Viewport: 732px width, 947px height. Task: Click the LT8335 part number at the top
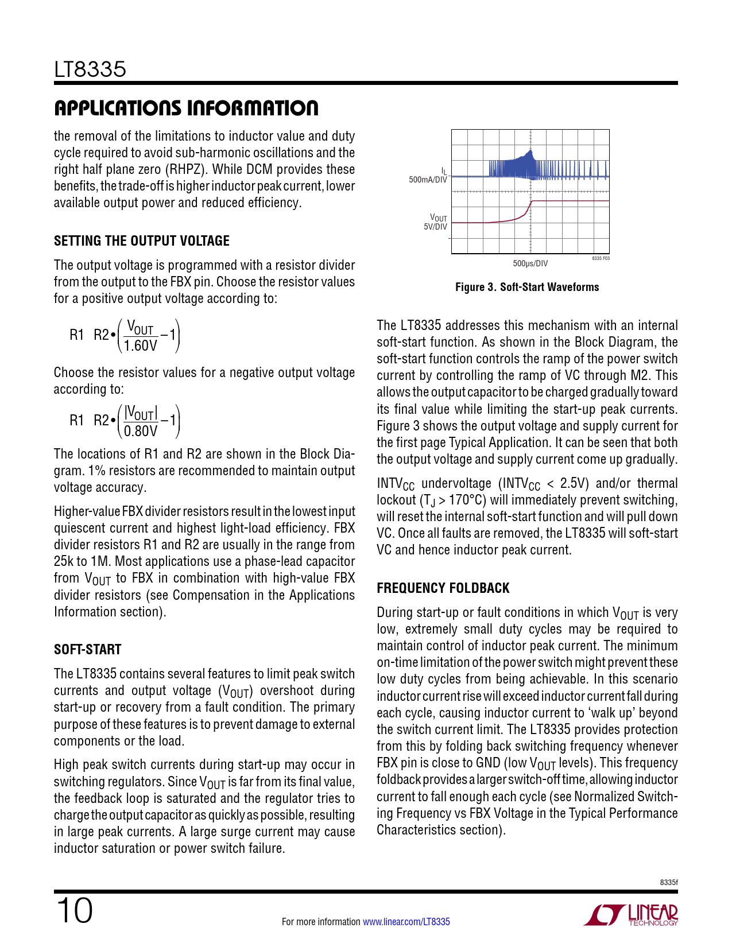pyautogui.click(x=90, y=69)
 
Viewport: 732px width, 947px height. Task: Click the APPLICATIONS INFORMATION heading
pyautogui.click(x=186, y=108)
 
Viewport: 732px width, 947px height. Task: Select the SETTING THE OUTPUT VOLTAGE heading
pyautogui.click(x=142, y=241)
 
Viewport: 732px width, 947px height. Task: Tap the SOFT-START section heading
pyautogui.click(x=88, y=650)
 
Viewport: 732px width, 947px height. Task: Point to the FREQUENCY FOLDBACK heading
pyautogui.click(x=443, y=588)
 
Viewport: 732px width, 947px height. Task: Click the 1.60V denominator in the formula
pyautogui.click(x=141, y=346)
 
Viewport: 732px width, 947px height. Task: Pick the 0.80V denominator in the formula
pyautogui.click(x=141, y=431)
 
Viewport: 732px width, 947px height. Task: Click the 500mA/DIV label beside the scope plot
pyautogui.click(x=428, y=180)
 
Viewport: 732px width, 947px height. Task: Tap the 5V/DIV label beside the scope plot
pyautogui.click(x=435, y=227)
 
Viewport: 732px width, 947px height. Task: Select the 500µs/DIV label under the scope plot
pyautogui.click(x=530, y=263)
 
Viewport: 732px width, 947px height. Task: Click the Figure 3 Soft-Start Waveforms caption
pyautogui.click(x=527, y=287)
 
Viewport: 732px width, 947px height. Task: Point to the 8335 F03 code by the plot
pyautogui.click(x=601, y=259)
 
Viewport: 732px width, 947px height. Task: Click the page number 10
pyautogui.click(x=74, y=911)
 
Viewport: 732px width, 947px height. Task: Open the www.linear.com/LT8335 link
pyautogui.click(x=406, y=922)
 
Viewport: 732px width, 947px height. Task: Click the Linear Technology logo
pyautogui.click(x=632, y=915)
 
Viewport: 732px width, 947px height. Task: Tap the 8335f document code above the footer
pyautogui.click(x=669, y=882)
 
